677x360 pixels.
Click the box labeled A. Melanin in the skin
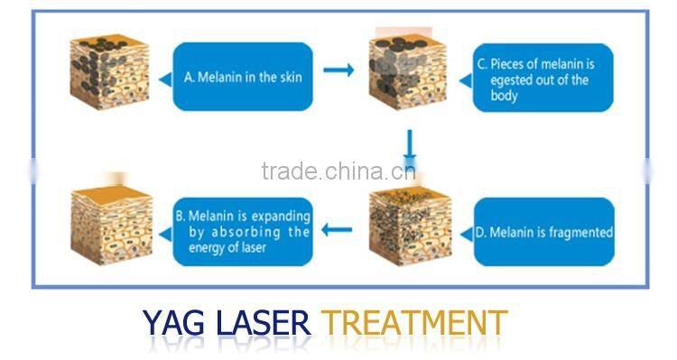tap(242, 78)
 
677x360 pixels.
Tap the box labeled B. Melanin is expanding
tap(242, 232)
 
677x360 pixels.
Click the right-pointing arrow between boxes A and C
tap(338, 70)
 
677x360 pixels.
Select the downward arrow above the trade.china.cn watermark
tap(409, 143)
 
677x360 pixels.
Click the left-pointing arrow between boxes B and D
tap(338, 229)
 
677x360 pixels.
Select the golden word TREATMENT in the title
tap(414, 323)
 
